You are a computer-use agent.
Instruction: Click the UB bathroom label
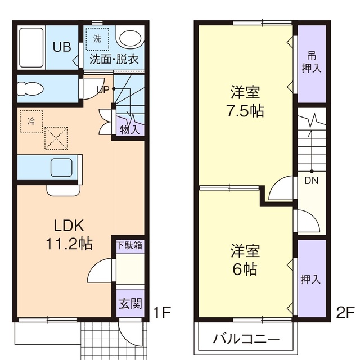62,47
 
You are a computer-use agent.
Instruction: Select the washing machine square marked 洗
97,39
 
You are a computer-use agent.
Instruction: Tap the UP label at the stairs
102,89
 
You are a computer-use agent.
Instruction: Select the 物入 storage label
129,129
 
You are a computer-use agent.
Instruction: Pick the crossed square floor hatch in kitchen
56,138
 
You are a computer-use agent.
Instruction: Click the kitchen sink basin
61,168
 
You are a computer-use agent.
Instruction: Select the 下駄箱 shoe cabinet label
129,245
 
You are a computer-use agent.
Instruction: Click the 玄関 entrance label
129,304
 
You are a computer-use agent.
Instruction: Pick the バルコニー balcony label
246,339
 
